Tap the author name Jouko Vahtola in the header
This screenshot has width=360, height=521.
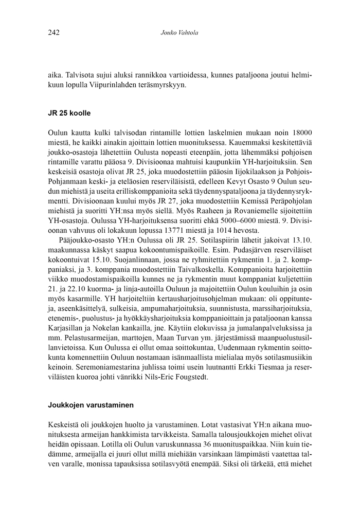tap(179, 33)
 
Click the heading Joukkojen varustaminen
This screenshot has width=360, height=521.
tap(91, 404)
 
